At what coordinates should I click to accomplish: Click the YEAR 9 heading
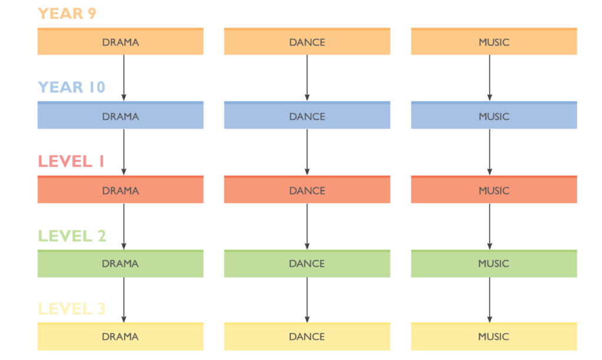pos(67,14)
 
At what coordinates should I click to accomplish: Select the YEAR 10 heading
pos(71,87)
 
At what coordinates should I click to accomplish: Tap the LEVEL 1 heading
pos(71,161)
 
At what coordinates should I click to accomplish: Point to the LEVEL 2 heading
pos(72,236)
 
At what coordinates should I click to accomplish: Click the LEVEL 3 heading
pos(72,309)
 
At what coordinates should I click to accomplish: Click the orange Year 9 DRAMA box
pos(121,41)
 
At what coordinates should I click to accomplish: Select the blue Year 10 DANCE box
pos(307,115)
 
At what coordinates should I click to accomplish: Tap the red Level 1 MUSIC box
pos(494,189)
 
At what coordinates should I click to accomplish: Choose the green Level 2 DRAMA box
pos(121,264)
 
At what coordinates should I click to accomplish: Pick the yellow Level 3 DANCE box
pos(307,336)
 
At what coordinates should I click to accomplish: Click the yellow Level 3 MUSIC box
pos(494,336)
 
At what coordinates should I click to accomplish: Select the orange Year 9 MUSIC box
pos(494,41)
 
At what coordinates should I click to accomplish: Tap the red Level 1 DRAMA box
pos(121,189)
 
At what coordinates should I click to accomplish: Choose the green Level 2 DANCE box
pos(307,264)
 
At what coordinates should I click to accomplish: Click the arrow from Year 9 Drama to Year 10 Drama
pos(123,78)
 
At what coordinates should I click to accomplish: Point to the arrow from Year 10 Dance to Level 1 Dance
pos(307,152)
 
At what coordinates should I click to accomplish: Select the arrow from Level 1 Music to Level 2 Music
pos(490,226)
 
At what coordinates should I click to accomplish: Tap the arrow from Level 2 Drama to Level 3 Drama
pos(123,300)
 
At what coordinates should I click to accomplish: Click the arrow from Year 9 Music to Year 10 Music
pos(490,78)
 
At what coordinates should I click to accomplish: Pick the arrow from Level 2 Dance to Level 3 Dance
pos(307,300)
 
